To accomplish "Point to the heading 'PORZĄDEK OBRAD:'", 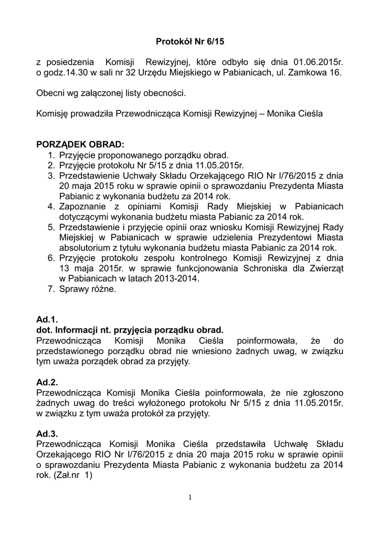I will (x=80, y=144).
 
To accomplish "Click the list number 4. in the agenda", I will (x=51, y=206).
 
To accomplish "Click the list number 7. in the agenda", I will (x=51, y=289).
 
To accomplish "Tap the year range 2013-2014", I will (x=175, y=279).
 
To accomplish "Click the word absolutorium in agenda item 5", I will (x=84, y=248).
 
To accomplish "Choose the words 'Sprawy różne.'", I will (x=89, y=289).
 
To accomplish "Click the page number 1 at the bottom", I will (x=190, y=498).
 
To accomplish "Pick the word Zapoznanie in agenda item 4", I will (x=83, y=206).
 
